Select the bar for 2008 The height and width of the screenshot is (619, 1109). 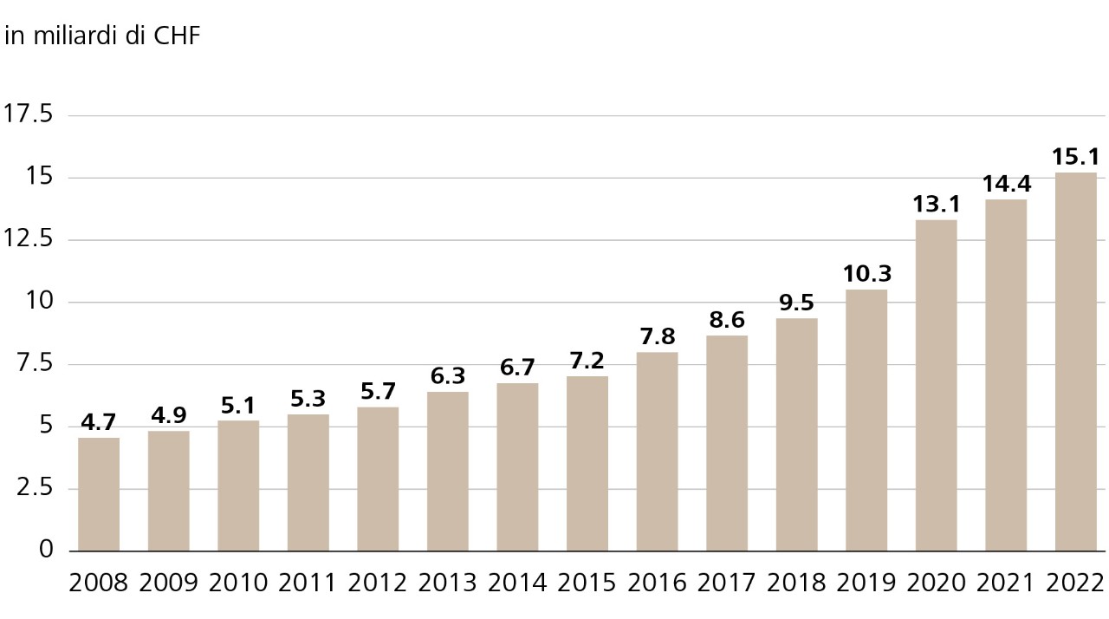point(99,494)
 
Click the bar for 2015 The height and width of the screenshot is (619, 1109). point(587,464)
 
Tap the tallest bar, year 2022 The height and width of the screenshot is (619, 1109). point(1075,362)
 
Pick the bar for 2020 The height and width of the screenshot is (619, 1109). point(936,386)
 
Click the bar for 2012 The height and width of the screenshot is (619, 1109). point(378,479)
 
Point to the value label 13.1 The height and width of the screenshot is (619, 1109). point(936,205)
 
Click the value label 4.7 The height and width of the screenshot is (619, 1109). point(99,423)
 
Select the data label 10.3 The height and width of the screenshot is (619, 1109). point(866,274)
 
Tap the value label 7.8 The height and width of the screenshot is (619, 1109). point(657,336)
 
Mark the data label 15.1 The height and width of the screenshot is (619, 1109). point(1075,157)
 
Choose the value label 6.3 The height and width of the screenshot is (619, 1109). point(448,376)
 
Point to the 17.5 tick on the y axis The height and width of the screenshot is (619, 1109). point(29,114)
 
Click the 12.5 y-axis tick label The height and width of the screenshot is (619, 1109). point(29,239)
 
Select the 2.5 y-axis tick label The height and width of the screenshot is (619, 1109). point(35,488)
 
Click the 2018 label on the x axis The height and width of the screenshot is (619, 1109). point(796,583)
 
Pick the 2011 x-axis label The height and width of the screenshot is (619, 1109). point(308,583)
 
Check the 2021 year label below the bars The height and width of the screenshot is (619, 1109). point(1006,583)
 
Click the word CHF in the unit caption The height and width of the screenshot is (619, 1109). point(176,38)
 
